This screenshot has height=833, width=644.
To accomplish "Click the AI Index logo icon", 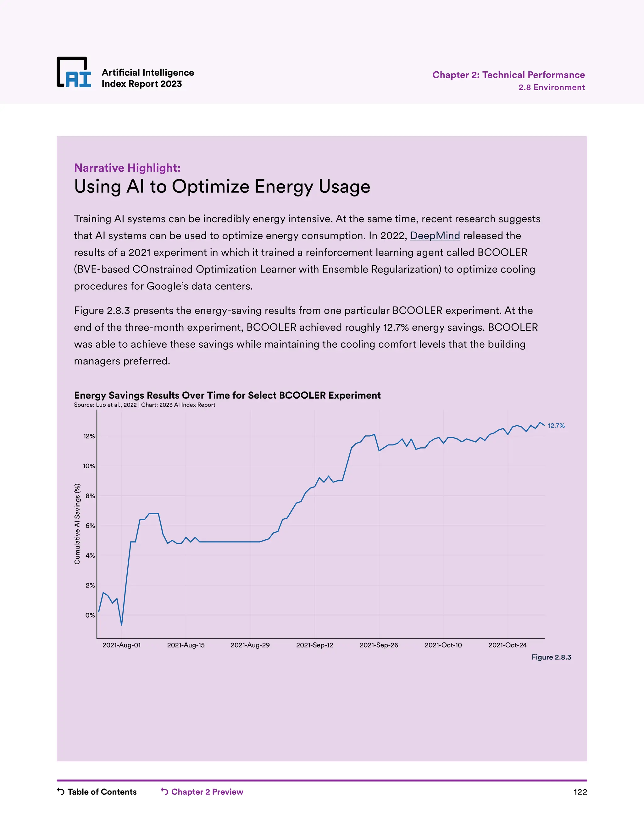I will [74, 72].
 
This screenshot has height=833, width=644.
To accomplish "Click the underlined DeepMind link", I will [435, 236].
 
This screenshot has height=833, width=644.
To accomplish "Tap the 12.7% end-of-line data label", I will [556, 426].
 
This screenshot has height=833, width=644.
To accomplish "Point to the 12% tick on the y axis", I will [89, 436].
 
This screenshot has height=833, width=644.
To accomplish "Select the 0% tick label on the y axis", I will [90, 615].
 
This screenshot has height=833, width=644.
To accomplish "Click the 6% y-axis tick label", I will [90, 526].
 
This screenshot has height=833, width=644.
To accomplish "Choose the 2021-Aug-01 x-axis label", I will [121, 645].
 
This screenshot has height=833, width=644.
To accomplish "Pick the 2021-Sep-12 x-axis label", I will [314, 645].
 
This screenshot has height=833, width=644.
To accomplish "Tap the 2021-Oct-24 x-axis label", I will [508, 645].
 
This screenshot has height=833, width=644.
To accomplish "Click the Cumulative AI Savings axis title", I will [77, 524].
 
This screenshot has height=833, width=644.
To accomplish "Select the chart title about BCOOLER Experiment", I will [227, 395].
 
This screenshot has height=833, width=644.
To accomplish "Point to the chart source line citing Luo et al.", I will [144, 405].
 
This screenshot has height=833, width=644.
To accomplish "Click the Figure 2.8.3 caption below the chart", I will [551, 657].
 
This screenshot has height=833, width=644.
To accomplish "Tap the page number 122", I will [580, 792].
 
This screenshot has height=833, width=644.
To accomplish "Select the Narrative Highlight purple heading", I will [127, 168].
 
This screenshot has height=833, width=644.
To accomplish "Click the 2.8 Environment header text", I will [551, 87].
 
